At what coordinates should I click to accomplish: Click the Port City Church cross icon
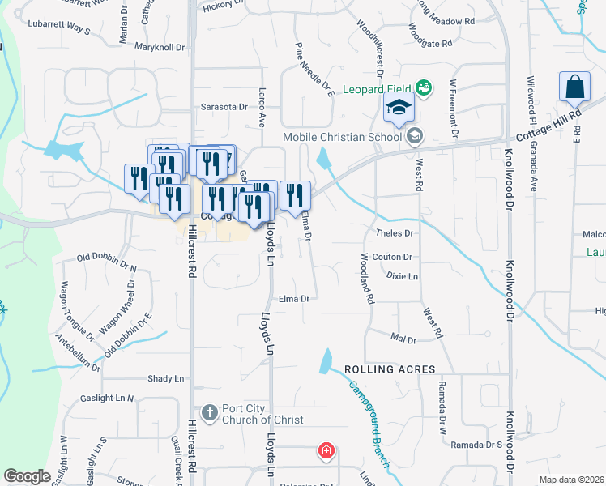point(209,413)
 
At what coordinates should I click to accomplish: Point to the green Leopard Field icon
point(422,87)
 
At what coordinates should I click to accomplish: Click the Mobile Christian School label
point(342,137)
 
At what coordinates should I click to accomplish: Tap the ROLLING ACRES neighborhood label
point(384,369)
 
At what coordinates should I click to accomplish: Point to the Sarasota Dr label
point(224,107)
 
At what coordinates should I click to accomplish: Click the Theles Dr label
point(395,233)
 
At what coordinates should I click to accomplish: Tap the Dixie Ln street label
point(402,276)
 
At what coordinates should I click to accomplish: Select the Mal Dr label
point(403,338)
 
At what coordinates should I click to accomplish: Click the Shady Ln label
point(166,378)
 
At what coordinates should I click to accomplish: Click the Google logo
point(27,476)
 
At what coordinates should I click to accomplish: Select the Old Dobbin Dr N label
point(107,262)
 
